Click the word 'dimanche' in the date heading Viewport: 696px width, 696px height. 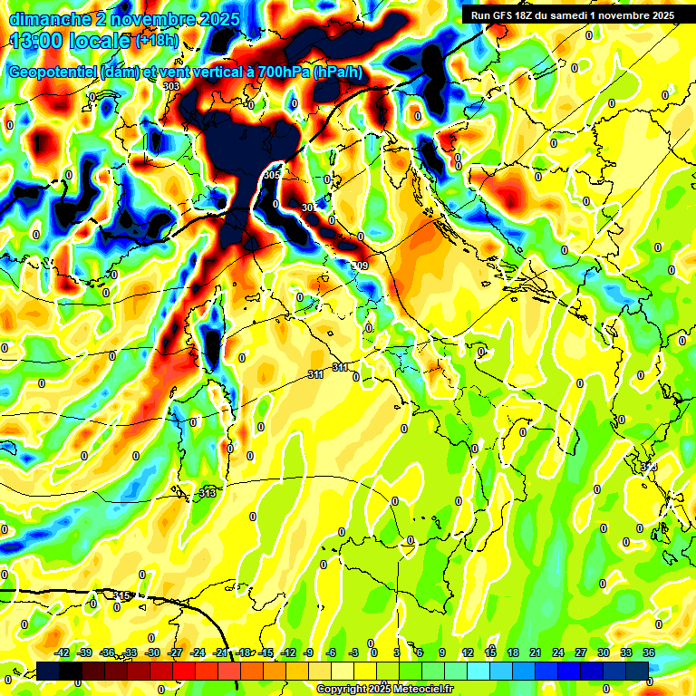point(43,19)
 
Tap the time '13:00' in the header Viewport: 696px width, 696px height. point(39,40)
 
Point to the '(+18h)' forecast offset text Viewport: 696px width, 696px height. point(158,41)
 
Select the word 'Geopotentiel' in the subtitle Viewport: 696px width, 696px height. point(53,72)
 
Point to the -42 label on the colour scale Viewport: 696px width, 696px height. point(62,652)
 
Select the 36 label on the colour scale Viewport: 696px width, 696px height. point(649,652)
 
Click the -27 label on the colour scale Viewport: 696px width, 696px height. point(175,652)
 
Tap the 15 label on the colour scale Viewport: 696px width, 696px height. point(489,652)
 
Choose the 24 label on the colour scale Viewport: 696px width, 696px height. point(557,652)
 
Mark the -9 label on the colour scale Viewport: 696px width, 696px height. point(308,652)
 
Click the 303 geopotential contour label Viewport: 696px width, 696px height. point(171,85)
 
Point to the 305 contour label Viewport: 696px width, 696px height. point(272,174)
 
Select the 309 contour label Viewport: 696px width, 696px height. point(360,265)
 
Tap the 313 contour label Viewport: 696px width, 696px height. point(208,493)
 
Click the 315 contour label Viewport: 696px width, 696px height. point(122,595)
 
